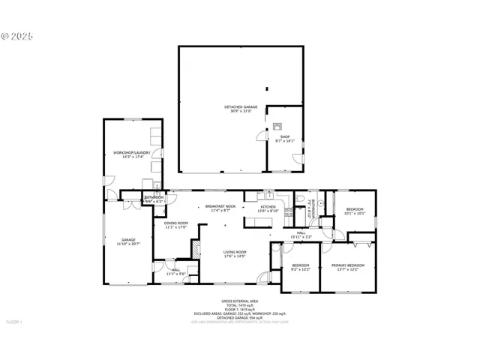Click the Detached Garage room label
click(x=241, y=107)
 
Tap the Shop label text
click(x=285, y=136)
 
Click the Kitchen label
click(x=268, y=207)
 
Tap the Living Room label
click(x=235, y=252)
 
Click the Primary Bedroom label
click(x=348, y=265)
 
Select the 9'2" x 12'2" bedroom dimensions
click(x=301, y=269)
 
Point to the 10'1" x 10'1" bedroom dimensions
click(x=354, y=213)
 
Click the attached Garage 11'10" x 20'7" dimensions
click(x=129, y=244)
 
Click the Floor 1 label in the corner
click(x=15, y=322)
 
